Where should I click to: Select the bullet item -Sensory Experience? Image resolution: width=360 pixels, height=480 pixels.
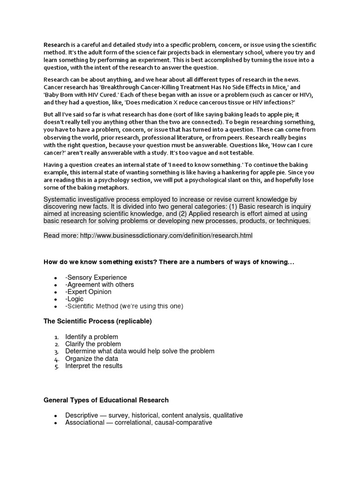point(96,277)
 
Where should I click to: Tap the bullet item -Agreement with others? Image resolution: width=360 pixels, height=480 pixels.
point(99,285)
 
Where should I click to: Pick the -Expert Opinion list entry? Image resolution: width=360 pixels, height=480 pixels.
point(88,292)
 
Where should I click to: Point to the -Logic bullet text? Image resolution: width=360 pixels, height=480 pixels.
point(75,299)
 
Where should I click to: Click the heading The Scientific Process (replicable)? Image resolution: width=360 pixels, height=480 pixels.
point(97,321)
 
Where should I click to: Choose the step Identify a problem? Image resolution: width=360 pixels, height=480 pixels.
point(91,337)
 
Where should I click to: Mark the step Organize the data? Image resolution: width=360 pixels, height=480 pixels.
point(91,359)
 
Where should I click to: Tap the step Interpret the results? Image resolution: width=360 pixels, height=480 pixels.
point(94,366)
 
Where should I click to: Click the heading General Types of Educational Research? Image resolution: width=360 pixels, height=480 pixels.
point(106,400)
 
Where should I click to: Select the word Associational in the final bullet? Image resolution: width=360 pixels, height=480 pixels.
point(85,422)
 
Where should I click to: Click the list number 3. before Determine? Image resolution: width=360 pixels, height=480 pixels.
point(56,352)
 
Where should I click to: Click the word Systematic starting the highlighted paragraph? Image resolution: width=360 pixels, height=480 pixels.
point(62,200)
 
